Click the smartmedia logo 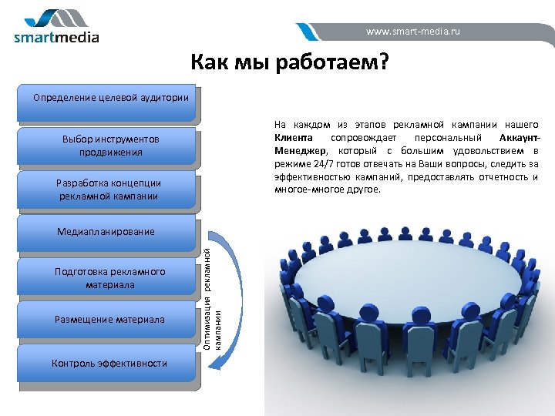tap(56, 27)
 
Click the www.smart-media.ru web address tap(413, 32)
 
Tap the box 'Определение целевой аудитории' tap(110, 99)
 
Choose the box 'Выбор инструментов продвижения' tap(110, 146)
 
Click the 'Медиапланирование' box tap(106, 232)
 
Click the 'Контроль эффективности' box tap(109, 363)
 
